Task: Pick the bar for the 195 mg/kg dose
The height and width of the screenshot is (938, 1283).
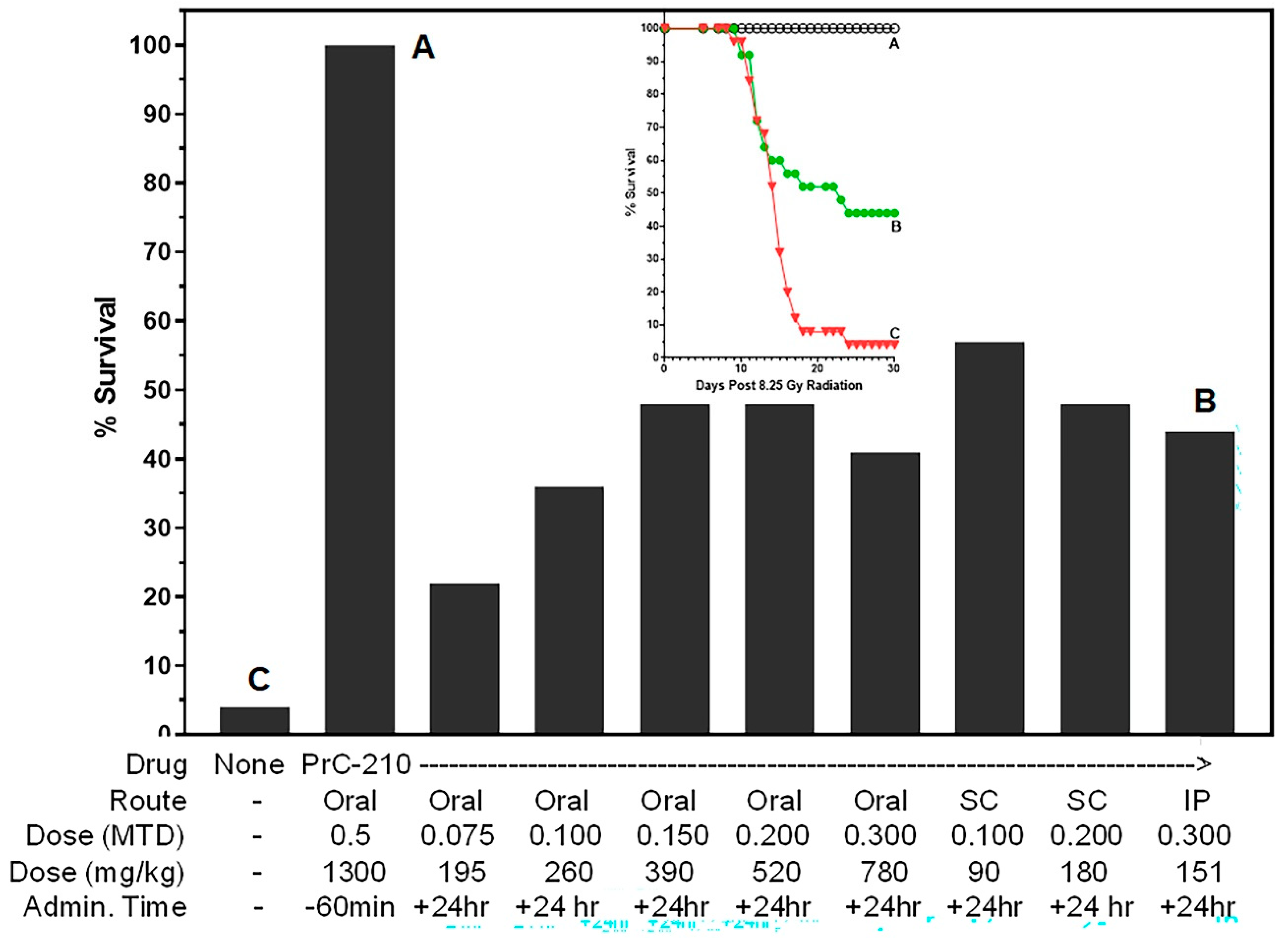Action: (x=464, y=659)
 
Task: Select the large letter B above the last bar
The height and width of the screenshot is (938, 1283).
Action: (x=1205, y=400)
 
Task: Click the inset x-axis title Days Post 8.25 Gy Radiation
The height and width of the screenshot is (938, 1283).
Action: (x=779, y=386)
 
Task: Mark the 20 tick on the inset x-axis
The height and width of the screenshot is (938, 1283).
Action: (x=817, y=368)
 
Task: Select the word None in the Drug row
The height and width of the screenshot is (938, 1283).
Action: (x=249, y=765)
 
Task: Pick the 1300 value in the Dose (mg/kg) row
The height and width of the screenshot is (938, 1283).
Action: (x=354, y=872)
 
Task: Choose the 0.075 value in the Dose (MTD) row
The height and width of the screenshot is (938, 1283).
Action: (x=458, y=835)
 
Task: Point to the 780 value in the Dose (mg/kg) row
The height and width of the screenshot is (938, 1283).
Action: (x=883, y=872)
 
